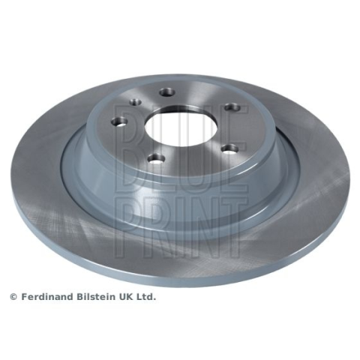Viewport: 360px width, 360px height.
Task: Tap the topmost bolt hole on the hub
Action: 167,92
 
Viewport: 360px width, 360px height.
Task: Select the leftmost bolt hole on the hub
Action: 119,121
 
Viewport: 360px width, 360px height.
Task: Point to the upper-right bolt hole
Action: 232,107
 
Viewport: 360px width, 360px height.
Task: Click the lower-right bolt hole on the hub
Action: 230,149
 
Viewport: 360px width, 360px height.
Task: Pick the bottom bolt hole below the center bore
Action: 156,159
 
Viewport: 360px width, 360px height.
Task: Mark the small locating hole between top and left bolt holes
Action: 136,102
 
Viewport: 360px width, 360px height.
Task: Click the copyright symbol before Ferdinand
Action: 13,297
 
